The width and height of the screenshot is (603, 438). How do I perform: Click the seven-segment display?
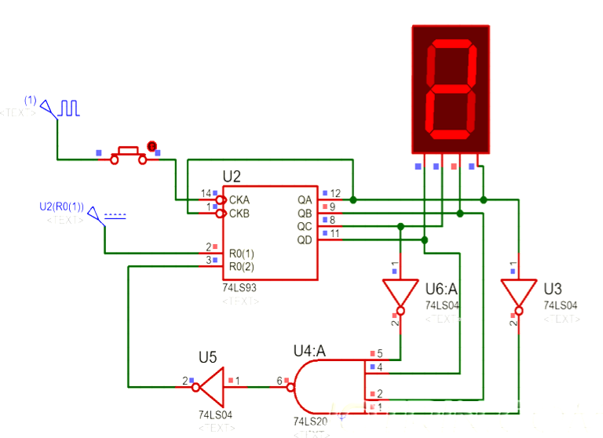click(x=451, y=88)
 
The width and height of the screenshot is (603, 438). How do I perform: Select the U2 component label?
click(x=232, y=177)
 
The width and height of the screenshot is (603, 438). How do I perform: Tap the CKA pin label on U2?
click(x=239, y=199)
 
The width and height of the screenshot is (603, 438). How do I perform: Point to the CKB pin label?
click(x=239, y=213)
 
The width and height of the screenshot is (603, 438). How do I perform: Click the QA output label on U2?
click(x=304, y=199)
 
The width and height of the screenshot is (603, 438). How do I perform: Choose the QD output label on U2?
click(x=304, y=239)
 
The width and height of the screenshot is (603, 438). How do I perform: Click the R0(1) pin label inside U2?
click(x=241, y=254)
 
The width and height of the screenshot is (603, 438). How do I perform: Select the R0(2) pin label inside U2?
click(x=241, y=267)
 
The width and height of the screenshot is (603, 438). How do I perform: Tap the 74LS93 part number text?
click(x=239, y=288)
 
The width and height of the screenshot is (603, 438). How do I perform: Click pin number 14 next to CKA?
click(x=206, y=193)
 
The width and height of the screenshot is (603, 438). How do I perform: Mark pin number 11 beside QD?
click(x=334, y=234)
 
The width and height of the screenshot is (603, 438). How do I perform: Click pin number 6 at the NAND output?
click(x=279, y=381)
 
